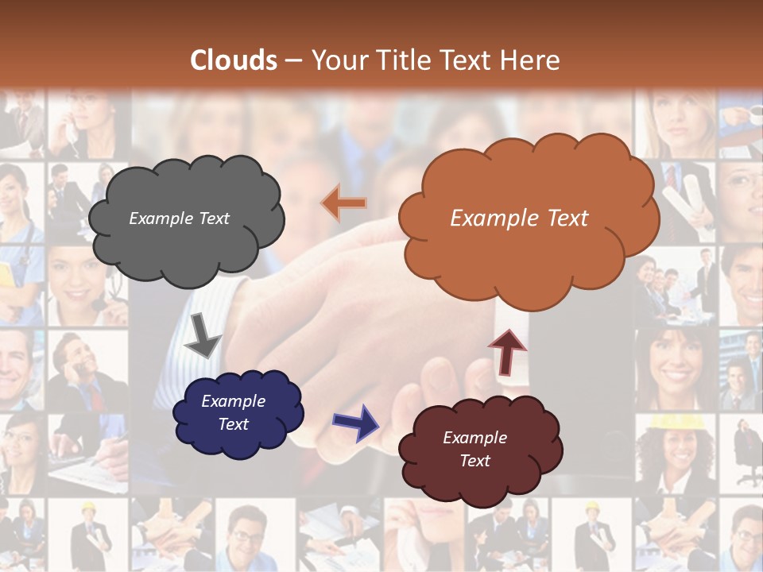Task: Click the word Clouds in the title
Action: click(234, 60)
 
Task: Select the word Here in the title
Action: click(529, 60)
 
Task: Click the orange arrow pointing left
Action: click(343, 203)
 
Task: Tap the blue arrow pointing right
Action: click(356, 421)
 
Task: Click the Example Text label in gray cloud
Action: click(179, 218)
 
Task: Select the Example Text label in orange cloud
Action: click(519, 218)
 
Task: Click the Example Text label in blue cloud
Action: click(233, 412)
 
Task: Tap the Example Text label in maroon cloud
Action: click(474, 449)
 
